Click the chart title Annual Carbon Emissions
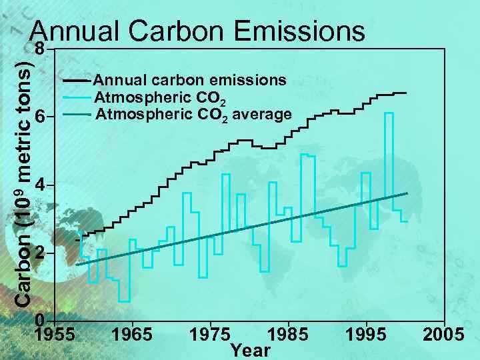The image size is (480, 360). pos(198,31)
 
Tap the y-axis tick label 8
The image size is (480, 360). pos(41,50)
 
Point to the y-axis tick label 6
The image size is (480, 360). pos(41,117)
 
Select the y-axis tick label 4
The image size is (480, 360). pos(41,185)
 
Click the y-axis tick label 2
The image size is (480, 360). pos(41,254)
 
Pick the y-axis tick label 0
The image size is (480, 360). pos(41,319)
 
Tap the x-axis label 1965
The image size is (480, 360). pos(132,334)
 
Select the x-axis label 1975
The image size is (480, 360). pos(210,334)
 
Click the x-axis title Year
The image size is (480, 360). pos(250,350)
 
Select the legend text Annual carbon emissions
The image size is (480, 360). pos(191,80)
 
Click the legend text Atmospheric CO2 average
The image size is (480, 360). pos(193,115)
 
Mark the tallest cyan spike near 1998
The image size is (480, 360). pos(389,114)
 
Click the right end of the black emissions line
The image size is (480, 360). pos(405,93)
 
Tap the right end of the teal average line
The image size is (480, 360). pos(407,193)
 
